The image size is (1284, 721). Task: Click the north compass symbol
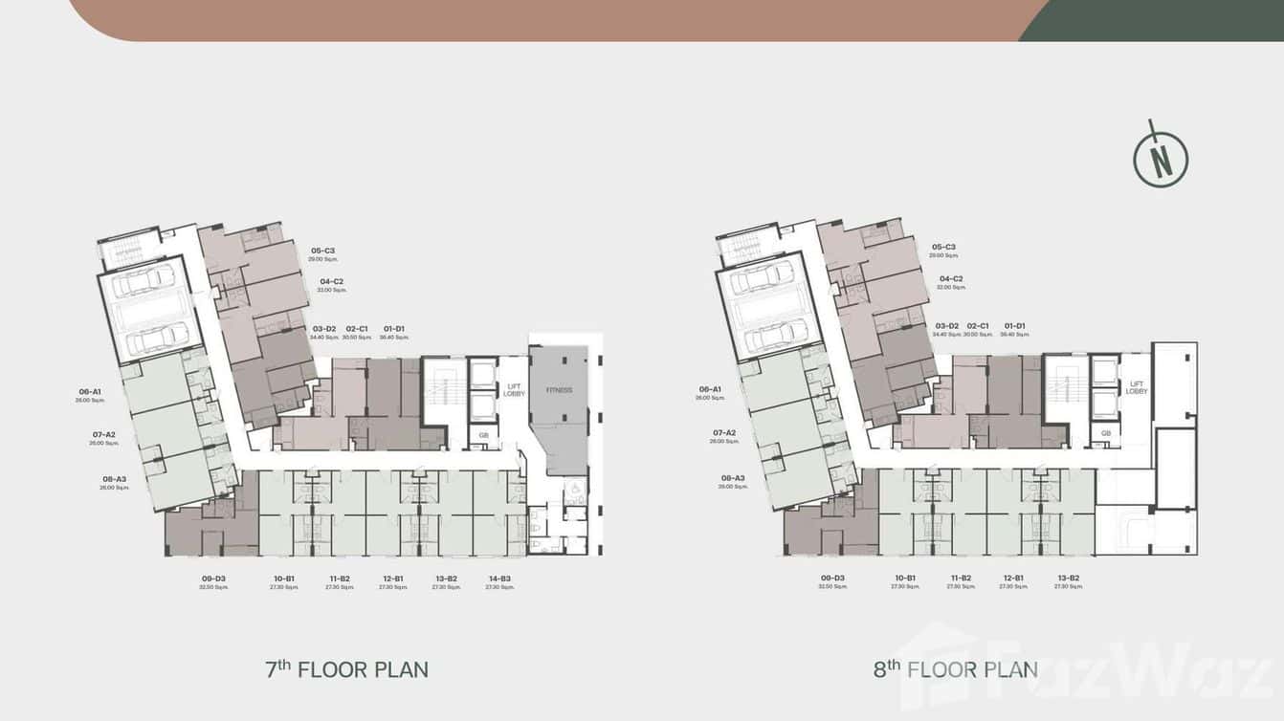[1161, 157]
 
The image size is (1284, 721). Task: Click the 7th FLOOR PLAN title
[346, 668]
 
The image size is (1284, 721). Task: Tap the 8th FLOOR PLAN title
[955, 668]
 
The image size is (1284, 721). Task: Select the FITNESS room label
[559, 390]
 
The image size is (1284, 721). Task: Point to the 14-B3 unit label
[499, 579]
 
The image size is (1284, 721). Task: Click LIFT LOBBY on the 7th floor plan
[514, 390]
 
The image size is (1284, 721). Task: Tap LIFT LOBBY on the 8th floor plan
[1136, 387]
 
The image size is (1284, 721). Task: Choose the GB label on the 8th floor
[1105, 432]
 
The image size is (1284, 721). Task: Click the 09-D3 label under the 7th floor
[213, 579]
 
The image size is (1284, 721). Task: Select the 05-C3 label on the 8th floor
[943, 247]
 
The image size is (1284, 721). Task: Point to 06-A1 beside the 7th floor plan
[91, 391]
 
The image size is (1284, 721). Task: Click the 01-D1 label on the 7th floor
[393, 328]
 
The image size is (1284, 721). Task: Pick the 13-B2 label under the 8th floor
[1068, 578]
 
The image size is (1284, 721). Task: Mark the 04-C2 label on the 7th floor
[332, 281]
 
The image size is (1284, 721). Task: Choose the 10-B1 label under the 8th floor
[905, 578]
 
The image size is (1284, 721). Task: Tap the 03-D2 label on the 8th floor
[946, 326]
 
